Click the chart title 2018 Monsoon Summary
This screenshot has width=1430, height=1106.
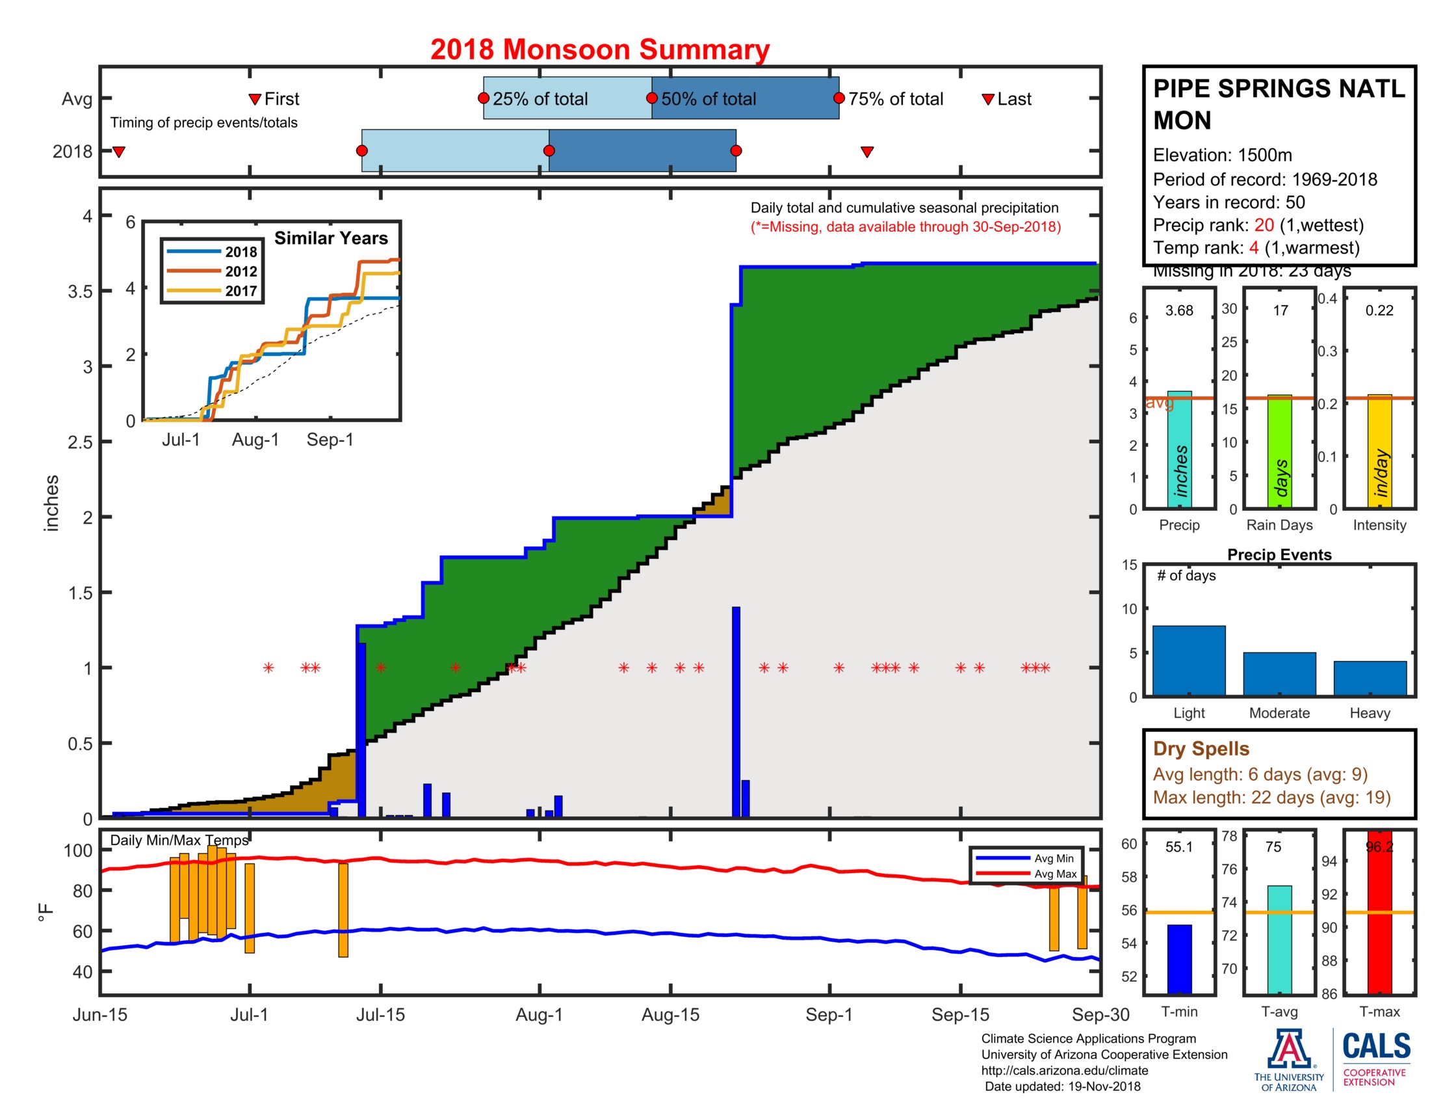click(x=599, y=50)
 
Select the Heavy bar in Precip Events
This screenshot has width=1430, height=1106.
click(x=1370, y=678)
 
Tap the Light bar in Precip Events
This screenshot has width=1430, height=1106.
click(x=1188, y=660)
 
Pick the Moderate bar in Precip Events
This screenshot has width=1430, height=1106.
click(x=1279, y=673)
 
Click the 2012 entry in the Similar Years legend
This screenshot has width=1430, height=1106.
click(x=240, y=271)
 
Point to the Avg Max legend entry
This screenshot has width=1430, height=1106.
click(x=1055, y=873)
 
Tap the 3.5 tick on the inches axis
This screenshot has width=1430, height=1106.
click(x=80, y=291)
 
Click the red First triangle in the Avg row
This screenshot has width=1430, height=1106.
click(x=255, y=100)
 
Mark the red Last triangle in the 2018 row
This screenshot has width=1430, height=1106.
click(x=867, y=152)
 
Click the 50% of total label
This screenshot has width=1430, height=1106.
click(x=708, y=99)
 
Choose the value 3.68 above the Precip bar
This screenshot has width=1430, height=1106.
click(x=1178, y=310)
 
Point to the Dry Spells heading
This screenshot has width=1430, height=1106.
click(x=1201, y=748)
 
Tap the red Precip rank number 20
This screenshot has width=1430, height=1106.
click(x=1264, y=225)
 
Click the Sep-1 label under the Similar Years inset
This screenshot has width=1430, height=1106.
click(x=330, y=440)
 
